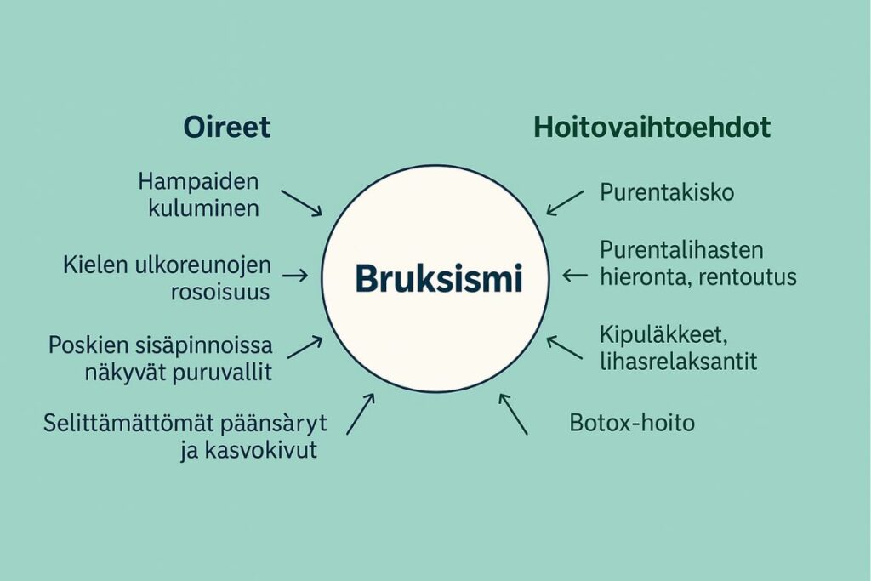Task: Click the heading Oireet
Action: [227, 128]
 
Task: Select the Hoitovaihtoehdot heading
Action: [652, 128]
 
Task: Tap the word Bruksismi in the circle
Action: [438, 279]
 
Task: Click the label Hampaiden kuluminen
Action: [198, 195]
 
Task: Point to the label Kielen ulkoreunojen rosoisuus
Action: [167, 278]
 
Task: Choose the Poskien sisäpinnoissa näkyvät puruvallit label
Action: [161, 359]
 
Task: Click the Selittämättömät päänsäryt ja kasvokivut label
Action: [185, 436]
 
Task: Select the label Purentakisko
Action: [667, 192]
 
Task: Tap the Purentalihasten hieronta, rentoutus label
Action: [697, 264]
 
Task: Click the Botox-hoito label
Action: [631, 422]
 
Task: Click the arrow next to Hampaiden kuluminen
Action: [302, 202]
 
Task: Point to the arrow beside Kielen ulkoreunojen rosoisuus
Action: [294, 276]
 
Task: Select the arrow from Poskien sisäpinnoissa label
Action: [305, 347]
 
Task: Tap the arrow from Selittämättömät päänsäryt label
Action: [361, 413]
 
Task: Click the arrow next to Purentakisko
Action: [565, 202]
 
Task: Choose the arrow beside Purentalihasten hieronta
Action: [576, 275]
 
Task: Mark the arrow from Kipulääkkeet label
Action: [565, 347]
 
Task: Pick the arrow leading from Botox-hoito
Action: [513, 413]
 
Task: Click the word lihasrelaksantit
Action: [678, 360]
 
